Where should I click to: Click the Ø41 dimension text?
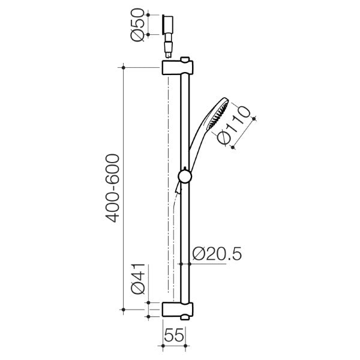coord(137,278)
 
